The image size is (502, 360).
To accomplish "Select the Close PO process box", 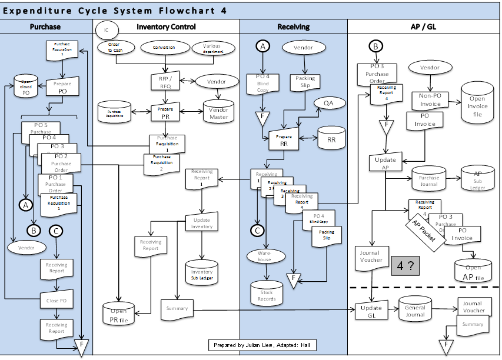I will tap(56, 300).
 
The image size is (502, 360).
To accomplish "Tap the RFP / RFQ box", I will tap(165, 82).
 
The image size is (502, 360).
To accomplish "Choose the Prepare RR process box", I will tap(284, 140).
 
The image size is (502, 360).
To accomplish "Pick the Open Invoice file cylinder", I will tap(477, 103).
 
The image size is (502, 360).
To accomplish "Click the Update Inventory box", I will tap(202, 224).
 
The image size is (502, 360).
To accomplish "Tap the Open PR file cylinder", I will tap(118, 315).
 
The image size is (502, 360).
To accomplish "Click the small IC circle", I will tap(107, 30).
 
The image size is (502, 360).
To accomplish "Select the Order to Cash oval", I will tap(114, 48).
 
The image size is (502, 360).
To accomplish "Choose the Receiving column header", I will tap(293, 26).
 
